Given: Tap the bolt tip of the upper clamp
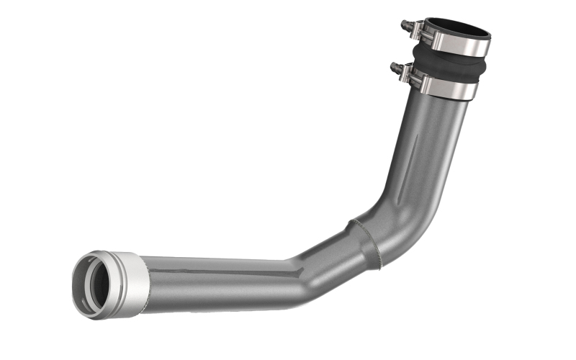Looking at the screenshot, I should pos(404,25).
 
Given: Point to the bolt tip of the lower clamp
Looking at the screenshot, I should pos(393,67).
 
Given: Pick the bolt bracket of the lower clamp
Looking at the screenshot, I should pos(405,73).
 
